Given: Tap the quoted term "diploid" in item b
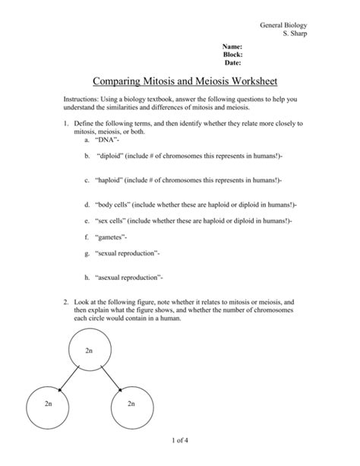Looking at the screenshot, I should (112, 155).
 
